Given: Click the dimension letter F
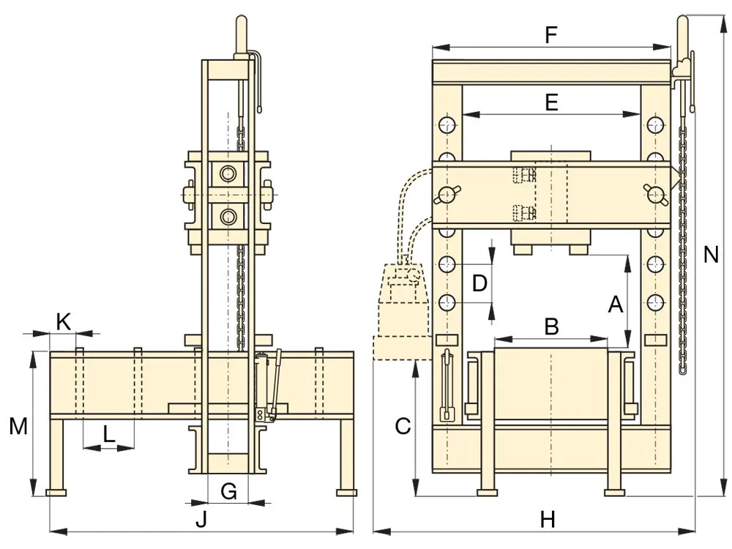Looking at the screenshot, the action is pos(551,35).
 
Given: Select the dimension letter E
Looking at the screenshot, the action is pos(552,102).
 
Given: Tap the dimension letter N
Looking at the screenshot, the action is pos(711,255).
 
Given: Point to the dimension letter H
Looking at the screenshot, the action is pos(548,520).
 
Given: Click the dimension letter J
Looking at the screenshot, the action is pos(201,519).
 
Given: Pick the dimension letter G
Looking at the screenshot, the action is pos(228,492).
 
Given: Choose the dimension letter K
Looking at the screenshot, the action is pos(64,322).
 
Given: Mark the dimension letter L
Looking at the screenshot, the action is pos(108,434).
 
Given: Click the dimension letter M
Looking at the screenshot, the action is pos(19,426).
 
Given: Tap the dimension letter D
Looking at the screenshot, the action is pos(480,283).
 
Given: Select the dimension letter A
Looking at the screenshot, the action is pos(616,305).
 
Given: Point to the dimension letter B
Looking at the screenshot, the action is pos(552,326).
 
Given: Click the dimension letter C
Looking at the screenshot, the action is pos(403,426).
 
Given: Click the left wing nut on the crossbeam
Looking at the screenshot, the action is pos(447,194).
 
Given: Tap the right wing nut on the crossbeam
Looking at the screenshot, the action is pos(655,194).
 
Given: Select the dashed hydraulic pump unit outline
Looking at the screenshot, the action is pos(400,312).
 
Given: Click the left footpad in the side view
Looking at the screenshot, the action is pos(56,492).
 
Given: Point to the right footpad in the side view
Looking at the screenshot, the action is pos(346,492).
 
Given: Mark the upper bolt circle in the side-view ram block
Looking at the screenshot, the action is pos(228,173).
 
